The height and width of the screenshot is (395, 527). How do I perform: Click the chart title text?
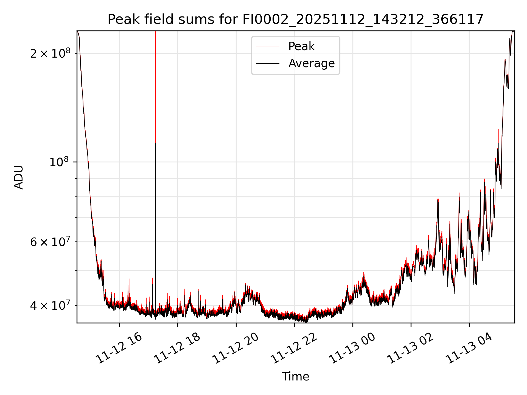pyautogui.click(x=295, y=19)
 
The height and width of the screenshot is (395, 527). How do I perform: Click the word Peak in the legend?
pyautogui.click(x=301, y=46)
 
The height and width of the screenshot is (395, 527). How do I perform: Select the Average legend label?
pyautogui.click(x=312, y=63)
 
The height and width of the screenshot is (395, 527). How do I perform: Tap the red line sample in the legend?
pyautogui.click(x=268, y=46)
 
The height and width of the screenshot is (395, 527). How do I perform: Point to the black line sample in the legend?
pyautogui.click(x=268, y=63)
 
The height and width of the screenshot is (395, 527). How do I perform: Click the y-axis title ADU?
pyautogui.click(x=19, y=177)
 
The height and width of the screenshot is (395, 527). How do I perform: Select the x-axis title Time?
pyautogui.click(x=295, y=377)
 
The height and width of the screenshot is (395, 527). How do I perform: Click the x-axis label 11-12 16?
pyautogui.click(x=119, y=348)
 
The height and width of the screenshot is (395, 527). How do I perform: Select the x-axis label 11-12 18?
pyautogui.click(x=177, y=348)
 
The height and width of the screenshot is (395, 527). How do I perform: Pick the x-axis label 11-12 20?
pyautogui.click(x=236, y=348)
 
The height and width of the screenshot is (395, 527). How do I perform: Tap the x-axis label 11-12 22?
pyautogui.click(x=294, y=348)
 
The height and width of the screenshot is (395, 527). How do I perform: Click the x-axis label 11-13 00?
pyautogui.click(x=352, y=348)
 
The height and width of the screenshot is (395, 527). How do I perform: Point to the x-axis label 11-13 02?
pyautogui.click(x=411, y=348)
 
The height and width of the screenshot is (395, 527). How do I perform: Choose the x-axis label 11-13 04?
pyautogui.click(x=469, y=348)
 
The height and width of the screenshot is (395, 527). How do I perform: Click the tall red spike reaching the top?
pyautogui.click(x=156, y=82)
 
